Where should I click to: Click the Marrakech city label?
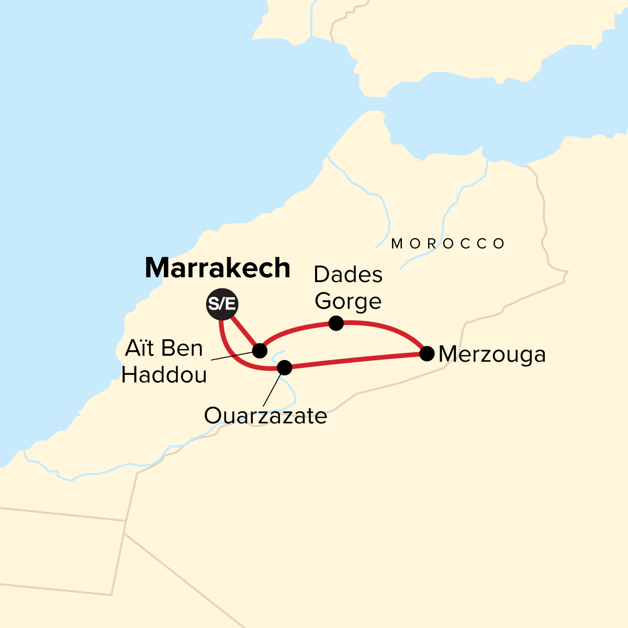pyautogui.click(x=217, y=268)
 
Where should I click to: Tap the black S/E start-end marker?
pyautogui.click(x=221, y=304)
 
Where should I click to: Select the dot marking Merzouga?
pyautogui.click(x=427, y=354)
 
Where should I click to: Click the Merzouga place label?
pyautogui.click(x=492, y=355)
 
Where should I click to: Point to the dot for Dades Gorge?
pyautogui.click(x=336, y=323)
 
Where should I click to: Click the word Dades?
pyautogui.click(x=348, y=275)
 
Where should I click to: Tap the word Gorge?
pyautogui.click(x=349, y=301)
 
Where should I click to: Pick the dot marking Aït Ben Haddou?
pyautogui.click(x=260, y=350)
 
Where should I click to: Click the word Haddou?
pyautogui.click(x=164, y=375)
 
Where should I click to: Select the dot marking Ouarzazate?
pyautogui.click(x=284, y=367)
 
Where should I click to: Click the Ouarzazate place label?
pyautogui.click(x=265, y=417)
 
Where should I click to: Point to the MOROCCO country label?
pyautogui.click(x=448, y=244)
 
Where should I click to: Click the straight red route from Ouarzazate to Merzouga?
pyautogui.click(x=356, y=361)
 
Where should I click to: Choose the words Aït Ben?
pyautogui.click(x=164, y=349)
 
